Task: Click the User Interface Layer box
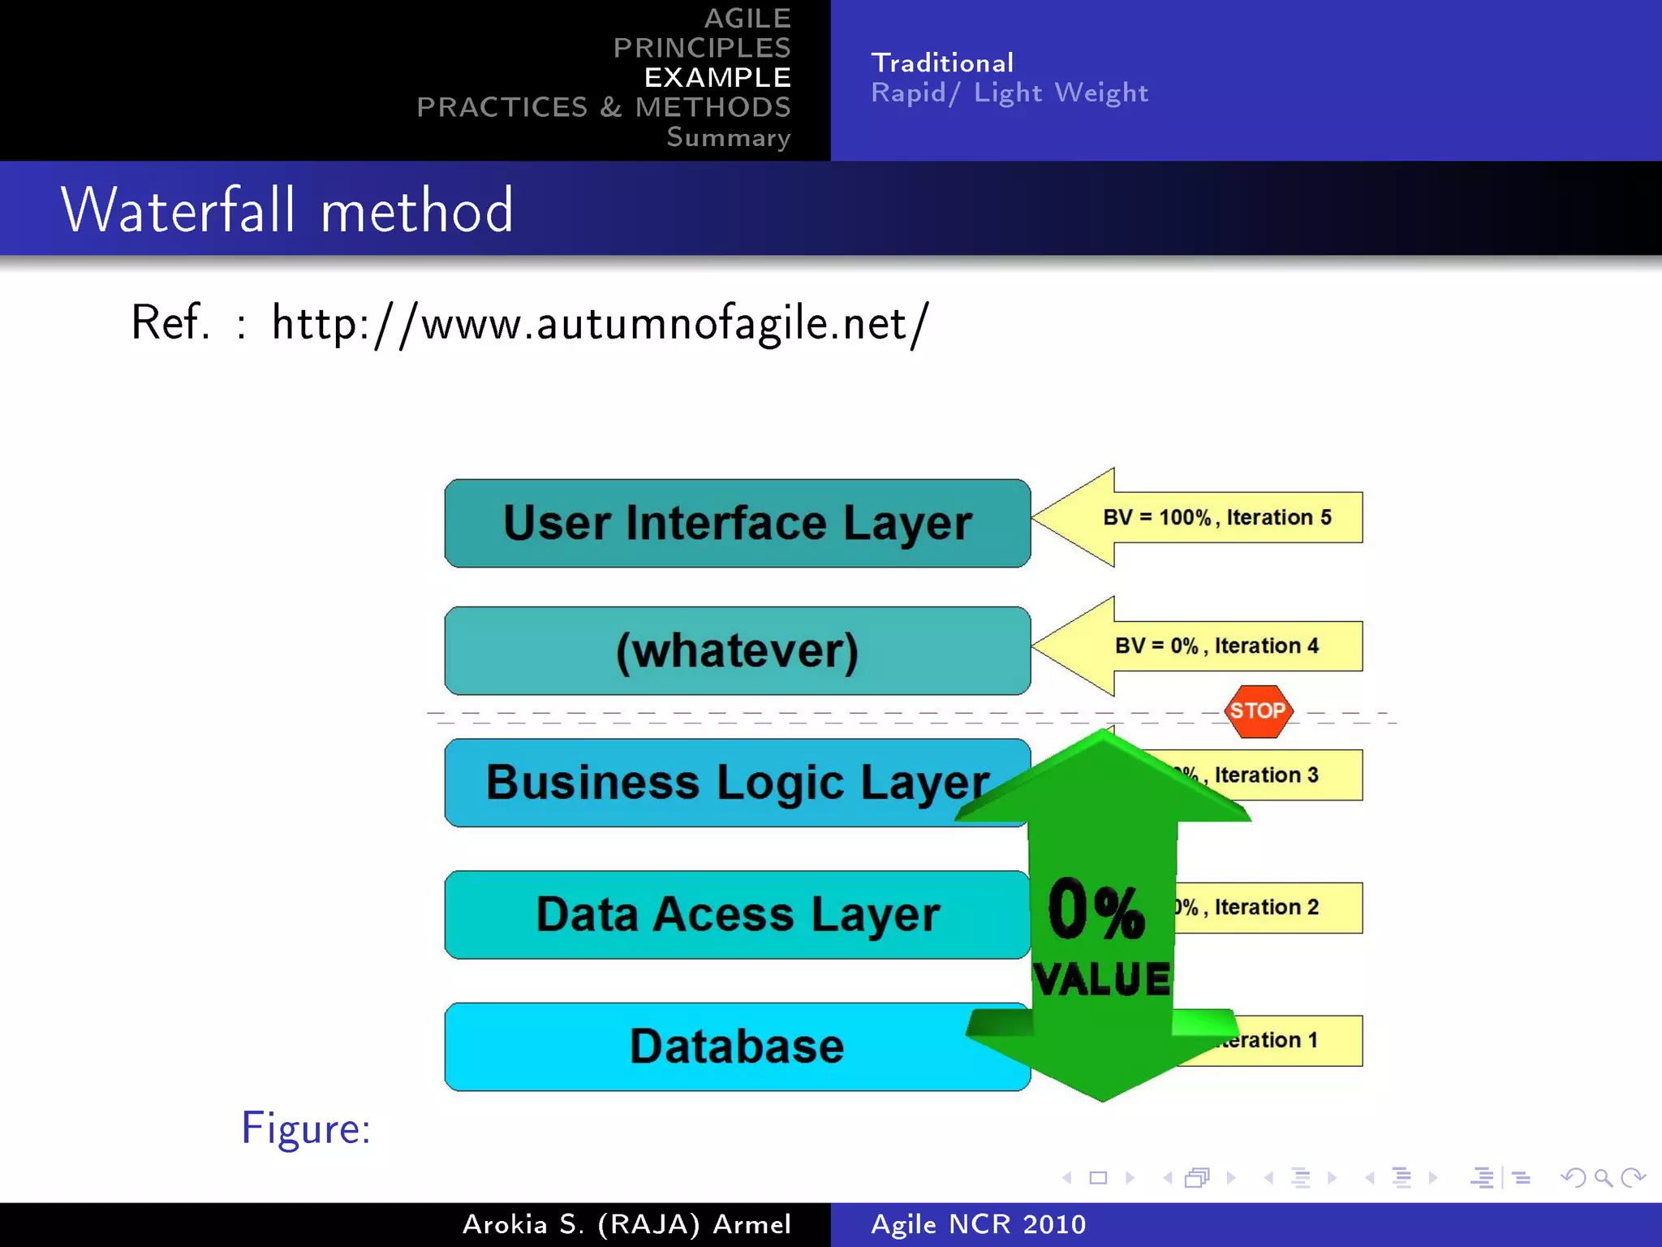pos(737,523)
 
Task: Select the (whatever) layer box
pos(737,650)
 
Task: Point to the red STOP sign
pos(1257,711)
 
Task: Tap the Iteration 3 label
pos(1266,775)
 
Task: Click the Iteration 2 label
pos(1266,908)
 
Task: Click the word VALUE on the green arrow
pos(1102,978)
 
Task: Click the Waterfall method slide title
pos(287,210)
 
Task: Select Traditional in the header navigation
pos(942,63)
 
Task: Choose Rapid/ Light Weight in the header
pos(1010,93)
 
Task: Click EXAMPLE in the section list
pos(717,77)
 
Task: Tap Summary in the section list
pos(728,137)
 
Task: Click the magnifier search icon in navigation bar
pos(1603,1177)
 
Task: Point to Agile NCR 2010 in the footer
pos(978,1224)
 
